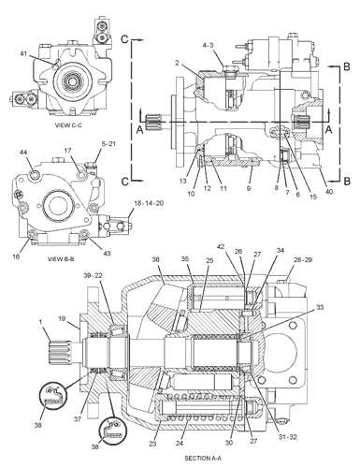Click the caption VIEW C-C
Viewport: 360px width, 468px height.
[69, 125]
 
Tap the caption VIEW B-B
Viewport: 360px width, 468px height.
[61, 259]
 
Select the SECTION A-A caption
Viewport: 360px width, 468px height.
[203, 459]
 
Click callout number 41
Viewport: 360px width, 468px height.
[23, 53]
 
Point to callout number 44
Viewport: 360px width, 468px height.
[23, 152]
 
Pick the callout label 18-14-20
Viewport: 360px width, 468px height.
[149, 203]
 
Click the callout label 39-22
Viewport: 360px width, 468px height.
[93, 275]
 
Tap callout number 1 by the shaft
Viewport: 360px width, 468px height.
[40, 321]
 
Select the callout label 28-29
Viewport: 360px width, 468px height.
[303, 259]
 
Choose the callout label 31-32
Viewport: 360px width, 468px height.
[288, 437]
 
